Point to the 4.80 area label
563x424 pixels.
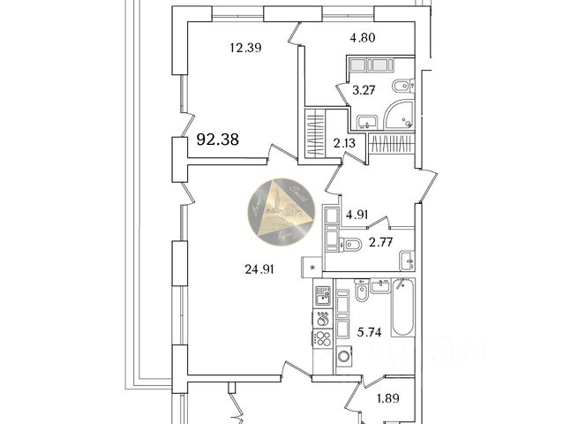[x=362, y=38]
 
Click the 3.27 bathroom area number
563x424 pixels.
[x=364, y=88]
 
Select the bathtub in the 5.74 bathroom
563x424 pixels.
[x=403, y=308]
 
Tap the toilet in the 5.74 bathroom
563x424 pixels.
[x=362, y=292]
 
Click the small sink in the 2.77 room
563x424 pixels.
[x=406, y=259]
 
